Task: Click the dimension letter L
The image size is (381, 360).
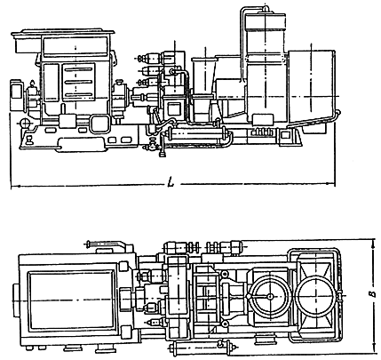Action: (171, 181)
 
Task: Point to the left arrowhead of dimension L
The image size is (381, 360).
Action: (15, 187)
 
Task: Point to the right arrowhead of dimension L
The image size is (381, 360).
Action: (331, 184)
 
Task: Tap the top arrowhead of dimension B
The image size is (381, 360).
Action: (372, 243)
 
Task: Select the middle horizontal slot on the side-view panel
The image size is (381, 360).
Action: (78, 82)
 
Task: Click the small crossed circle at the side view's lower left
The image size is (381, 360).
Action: (25, 122)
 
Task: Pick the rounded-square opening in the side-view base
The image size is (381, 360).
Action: (99, 124)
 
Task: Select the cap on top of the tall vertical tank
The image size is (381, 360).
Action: (266, 10)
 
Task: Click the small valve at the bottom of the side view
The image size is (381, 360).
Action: (153, 145)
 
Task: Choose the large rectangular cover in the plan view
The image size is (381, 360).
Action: (72, 300)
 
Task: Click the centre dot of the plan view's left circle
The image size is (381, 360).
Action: (269, 296)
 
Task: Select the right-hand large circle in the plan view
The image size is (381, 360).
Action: (316, 297)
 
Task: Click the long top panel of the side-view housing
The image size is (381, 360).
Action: (75, 45)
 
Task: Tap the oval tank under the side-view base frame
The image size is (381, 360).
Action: (81, 145)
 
